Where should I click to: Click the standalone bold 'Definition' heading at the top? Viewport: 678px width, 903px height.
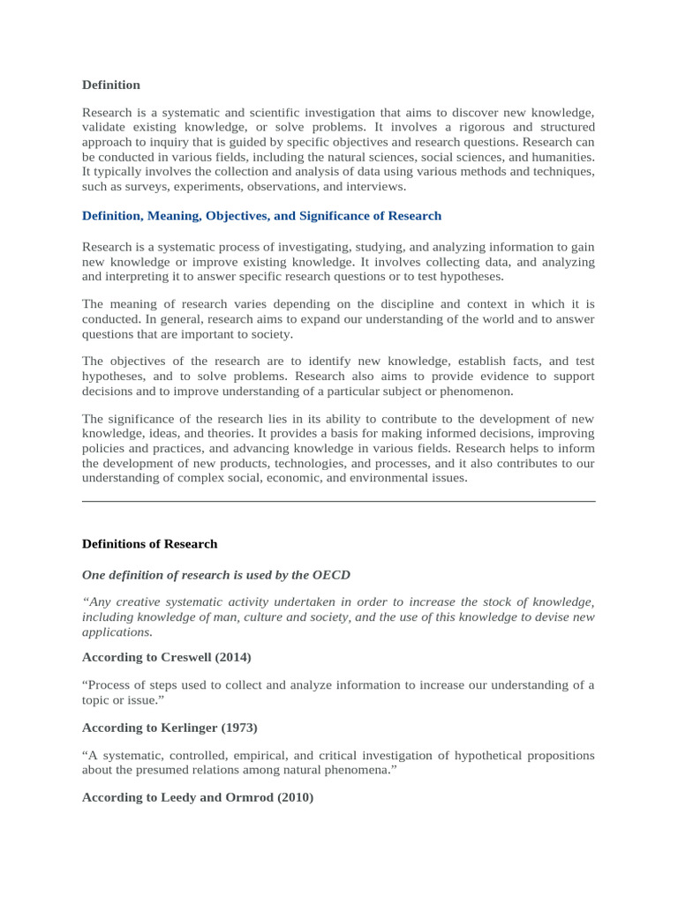pyautogui.click(x=111, y=86)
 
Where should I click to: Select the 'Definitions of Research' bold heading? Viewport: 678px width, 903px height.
pyautogui.click(x=149, y=544)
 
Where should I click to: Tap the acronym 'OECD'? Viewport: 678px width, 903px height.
pyautogui.click(x=331, y=575)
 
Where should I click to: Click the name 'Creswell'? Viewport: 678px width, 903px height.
pyautogui.click(x=189, y=657)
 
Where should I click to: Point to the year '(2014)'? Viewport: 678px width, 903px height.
pyautogui.click(x=234, y=657)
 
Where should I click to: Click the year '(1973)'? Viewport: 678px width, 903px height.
pyautogui.click(x=240, y=728)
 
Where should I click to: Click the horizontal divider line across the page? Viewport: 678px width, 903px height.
pyautogui.click(x=338, y=502)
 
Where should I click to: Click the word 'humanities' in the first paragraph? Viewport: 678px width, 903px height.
pyautogui.click(x=561, y=157)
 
